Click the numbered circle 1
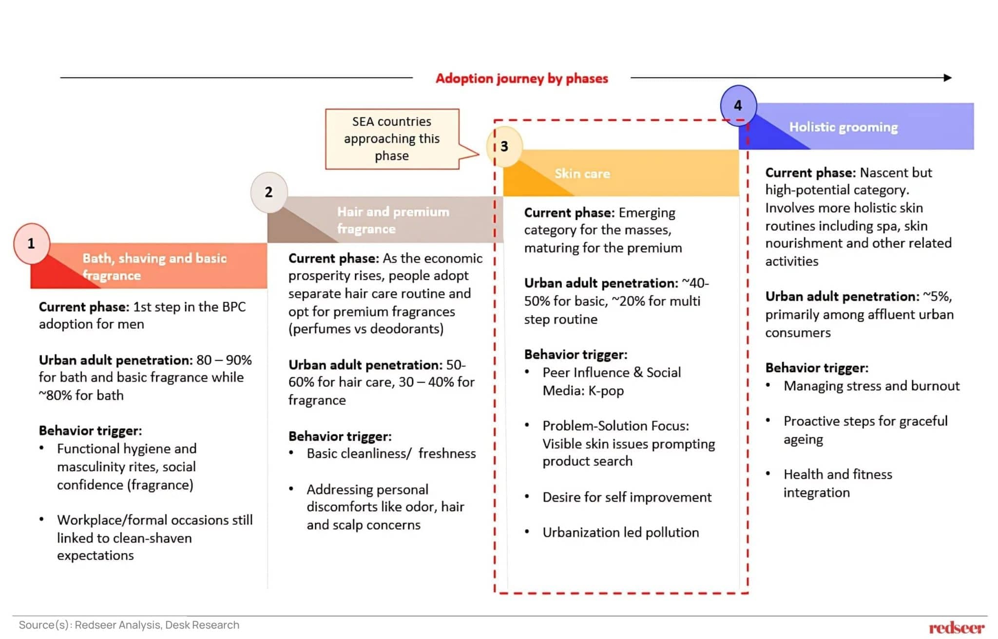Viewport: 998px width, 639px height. [31, 243]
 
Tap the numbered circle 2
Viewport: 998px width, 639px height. [269, 192]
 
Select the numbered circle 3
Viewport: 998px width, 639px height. [504, 146]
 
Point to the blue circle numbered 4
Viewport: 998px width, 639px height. [738, 105]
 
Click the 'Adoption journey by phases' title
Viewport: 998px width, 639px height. [521, 78]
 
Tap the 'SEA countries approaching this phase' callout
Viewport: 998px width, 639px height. [392, 139]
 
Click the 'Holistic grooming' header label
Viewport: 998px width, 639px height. [843, 127]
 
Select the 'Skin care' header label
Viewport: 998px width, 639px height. [582, 174]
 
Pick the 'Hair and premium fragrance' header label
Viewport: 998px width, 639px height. [393, 220]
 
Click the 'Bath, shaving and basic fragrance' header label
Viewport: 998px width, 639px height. [154, 267]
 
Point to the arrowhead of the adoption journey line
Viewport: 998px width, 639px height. [947, 77]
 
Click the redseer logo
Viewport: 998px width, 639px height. [956, 628]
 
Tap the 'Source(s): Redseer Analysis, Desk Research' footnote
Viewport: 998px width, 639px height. [129, 625]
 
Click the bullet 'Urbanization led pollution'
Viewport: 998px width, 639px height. [620, 533]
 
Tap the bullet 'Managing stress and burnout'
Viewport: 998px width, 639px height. [871, 386]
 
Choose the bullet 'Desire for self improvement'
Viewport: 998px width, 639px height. [627, 498]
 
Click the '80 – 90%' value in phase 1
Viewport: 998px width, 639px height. [224, 360]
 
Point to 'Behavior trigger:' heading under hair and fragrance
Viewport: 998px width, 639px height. [340, 436]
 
